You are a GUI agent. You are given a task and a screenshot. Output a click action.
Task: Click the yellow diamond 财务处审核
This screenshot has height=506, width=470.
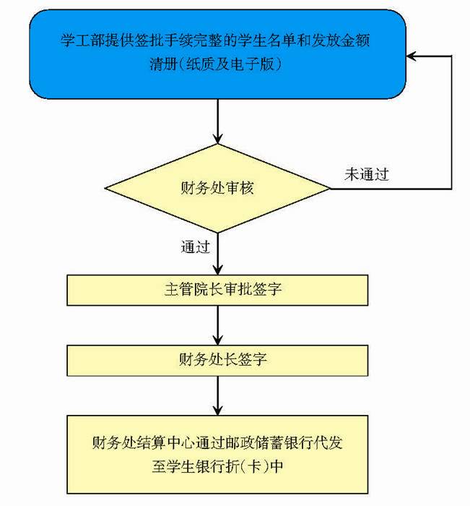tap(217, 189)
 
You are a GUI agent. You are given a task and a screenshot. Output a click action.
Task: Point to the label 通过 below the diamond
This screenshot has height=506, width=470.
tap(195, 247)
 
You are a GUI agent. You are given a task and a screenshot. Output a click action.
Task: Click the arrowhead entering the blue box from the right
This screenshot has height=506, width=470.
tap(412, 56)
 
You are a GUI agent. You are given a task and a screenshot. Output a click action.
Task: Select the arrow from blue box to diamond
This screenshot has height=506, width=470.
tap(217, 123)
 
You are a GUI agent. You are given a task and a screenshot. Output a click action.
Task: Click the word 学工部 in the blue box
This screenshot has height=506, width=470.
tap(78, 38)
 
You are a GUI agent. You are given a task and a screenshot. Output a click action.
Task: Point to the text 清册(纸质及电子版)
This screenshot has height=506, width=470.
tap(217, 64)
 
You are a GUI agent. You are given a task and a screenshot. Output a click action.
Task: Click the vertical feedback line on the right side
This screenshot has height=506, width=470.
tap(453, 123)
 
